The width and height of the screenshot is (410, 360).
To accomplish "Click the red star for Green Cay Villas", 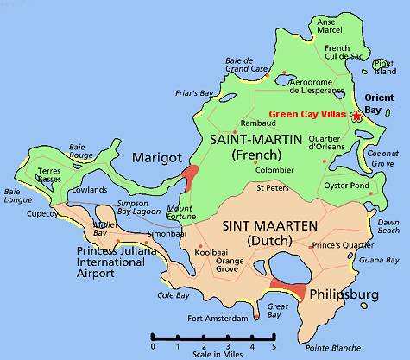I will tap(356, 115).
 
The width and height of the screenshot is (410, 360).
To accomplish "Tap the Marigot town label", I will tap(155, 157).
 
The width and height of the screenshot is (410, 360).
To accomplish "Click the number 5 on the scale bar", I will tap(274, 346).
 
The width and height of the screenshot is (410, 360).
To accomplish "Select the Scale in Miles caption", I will tap(214, 353).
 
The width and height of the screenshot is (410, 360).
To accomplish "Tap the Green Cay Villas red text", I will tap(307, 115).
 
